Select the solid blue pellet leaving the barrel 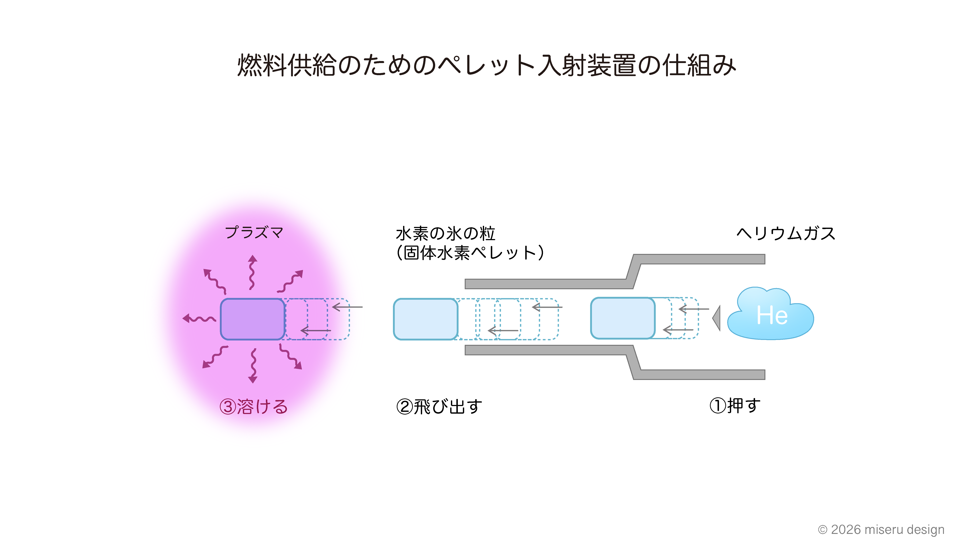pyautogui.click(x=425, y=319)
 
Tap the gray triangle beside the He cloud pyautogui.click(x=717, y=318)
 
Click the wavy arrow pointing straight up pyautogui.click(x=252, y=272)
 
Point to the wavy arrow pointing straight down pyautogui.click(x=253, y=365)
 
